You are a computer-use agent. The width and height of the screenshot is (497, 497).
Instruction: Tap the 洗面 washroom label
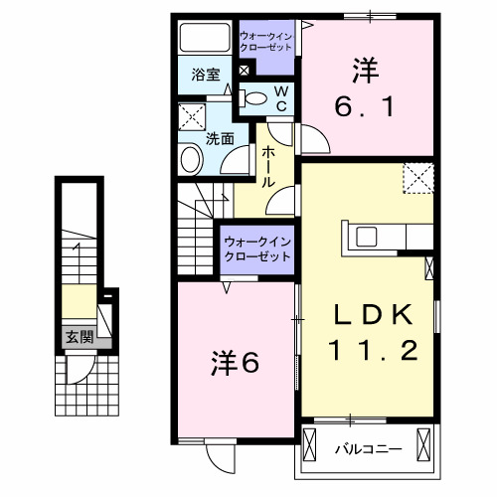coord(220,139)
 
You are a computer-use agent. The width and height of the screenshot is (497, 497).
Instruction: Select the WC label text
coord(281,97)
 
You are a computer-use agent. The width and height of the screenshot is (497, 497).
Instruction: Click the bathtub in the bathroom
coord(204,40)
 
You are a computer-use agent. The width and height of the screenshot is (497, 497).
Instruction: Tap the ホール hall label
coord(268,168)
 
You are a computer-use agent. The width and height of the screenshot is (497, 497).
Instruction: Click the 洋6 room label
coord(236,364)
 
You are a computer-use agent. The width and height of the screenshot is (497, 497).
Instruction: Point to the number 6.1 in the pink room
coord(368,103)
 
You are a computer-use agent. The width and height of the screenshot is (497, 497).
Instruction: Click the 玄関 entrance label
coord(80,337)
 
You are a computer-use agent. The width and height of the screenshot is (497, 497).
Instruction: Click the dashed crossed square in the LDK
coord(417,179)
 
